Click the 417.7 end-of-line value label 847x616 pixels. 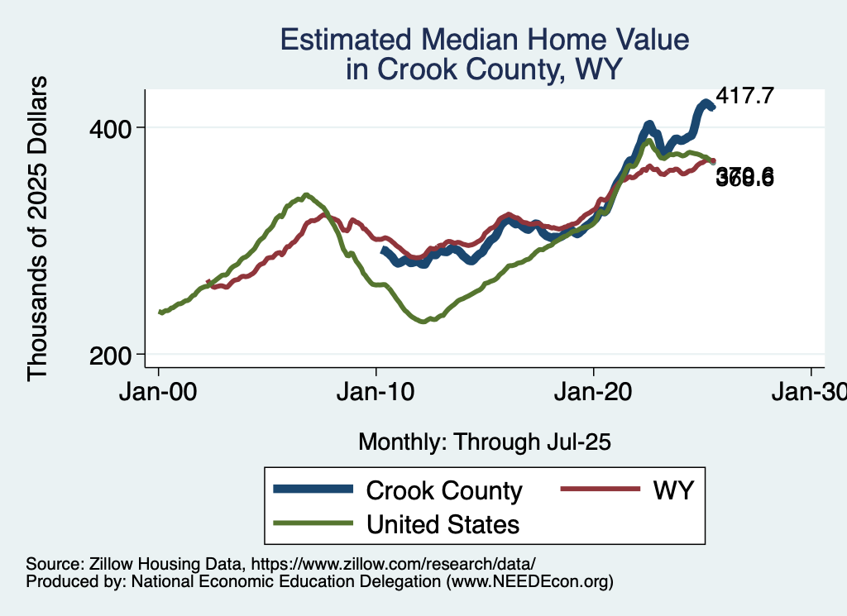(x=744, y=96)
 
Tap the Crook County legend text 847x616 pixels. (x=444, y=490)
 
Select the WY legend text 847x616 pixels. (x=672, y=490)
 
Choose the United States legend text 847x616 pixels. (x=443, y=524)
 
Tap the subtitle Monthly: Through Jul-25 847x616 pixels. (x=484, y=442)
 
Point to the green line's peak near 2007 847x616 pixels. (x=306, y=195)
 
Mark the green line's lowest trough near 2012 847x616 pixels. (x=423, y=321)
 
